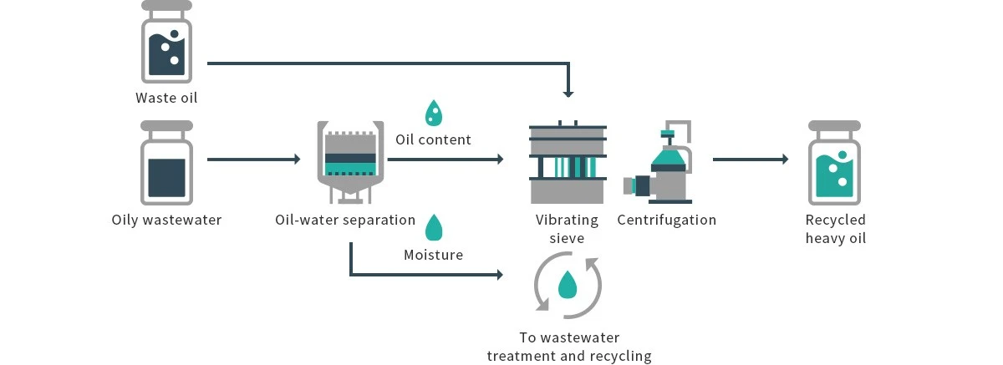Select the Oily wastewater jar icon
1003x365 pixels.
(166, 163)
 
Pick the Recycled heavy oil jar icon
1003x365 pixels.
(833, 163)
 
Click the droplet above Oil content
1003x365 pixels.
(433, 113)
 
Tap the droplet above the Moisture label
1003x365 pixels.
(433, 227)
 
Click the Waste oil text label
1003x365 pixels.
(166, 98)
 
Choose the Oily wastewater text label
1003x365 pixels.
(166, 221)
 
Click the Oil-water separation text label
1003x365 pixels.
(345, 221)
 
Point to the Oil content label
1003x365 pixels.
(433, 139)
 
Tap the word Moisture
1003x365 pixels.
(433, 255)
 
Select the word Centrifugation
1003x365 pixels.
(666, 221)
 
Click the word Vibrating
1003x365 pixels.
(568, 221)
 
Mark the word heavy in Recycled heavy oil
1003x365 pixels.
(826, 239)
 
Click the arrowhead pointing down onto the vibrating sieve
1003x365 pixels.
(568, 93)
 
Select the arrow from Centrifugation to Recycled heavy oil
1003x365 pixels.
(750, 159)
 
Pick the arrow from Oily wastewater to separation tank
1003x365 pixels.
(253, 159)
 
